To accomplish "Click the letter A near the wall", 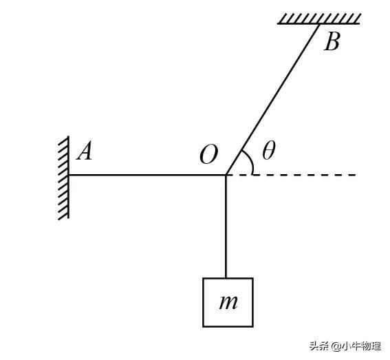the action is (x=85, y=152).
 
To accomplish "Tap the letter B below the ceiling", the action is (x=332, y=42).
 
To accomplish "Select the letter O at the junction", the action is (x=209, y=155).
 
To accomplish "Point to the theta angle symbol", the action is (x=269, y=150).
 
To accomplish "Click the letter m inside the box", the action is (x=228, y=302).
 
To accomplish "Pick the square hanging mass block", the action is (x=228, y=302).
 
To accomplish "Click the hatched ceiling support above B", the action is (x=319, y=19).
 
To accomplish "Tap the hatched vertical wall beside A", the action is (x=64, y=178).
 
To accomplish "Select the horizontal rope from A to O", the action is (x=147, y=175).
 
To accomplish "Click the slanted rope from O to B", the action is (x=272, y=99).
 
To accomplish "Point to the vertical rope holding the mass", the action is (x=226, y=226).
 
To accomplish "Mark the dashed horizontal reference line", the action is (x=291, y=175).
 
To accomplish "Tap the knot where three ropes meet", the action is (x=226, y=175).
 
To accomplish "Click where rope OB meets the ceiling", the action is (x=319, y=24).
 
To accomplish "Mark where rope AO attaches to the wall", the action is (x=69, y=175).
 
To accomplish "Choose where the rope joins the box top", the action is (x=226, y=278).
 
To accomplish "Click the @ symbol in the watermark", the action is (x=336, y=346).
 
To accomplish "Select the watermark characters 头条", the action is (x=320, y=346).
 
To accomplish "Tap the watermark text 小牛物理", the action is (x=361, y=346).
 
